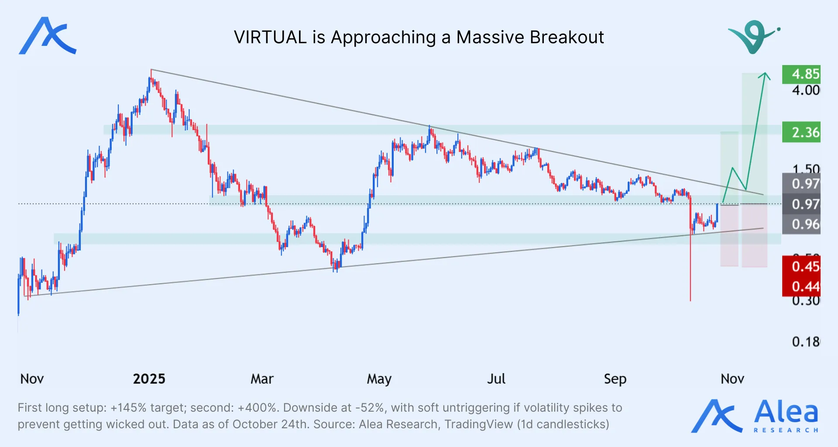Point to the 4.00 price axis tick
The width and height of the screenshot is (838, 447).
click(806, 90)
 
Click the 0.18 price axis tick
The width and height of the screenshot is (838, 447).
click(806, 342)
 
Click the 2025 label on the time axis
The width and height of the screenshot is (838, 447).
click(149, 379)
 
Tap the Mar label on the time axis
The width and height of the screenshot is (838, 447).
click(262, 379)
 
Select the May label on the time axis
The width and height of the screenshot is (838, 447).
click(379, 379)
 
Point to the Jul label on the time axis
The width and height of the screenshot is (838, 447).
click(496, 379)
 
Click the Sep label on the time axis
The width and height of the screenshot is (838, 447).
click(615, 379)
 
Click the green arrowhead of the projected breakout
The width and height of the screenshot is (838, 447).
click(765, 76)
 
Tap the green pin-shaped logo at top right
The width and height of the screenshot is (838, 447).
click(754, 37)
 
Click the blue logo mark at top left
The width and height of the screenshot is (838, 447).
click(48, 36)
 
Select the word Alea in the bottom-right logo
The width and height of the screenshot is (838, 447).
click(786, 413)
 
